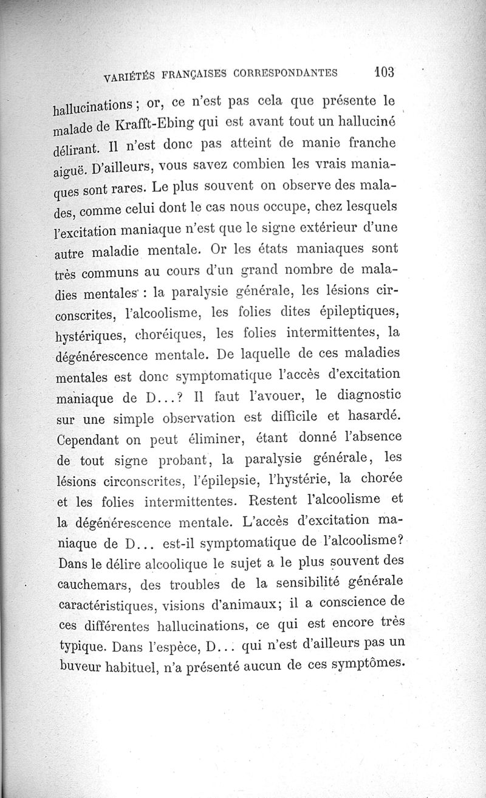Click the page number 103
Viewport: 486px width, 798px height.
(385, 72)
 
